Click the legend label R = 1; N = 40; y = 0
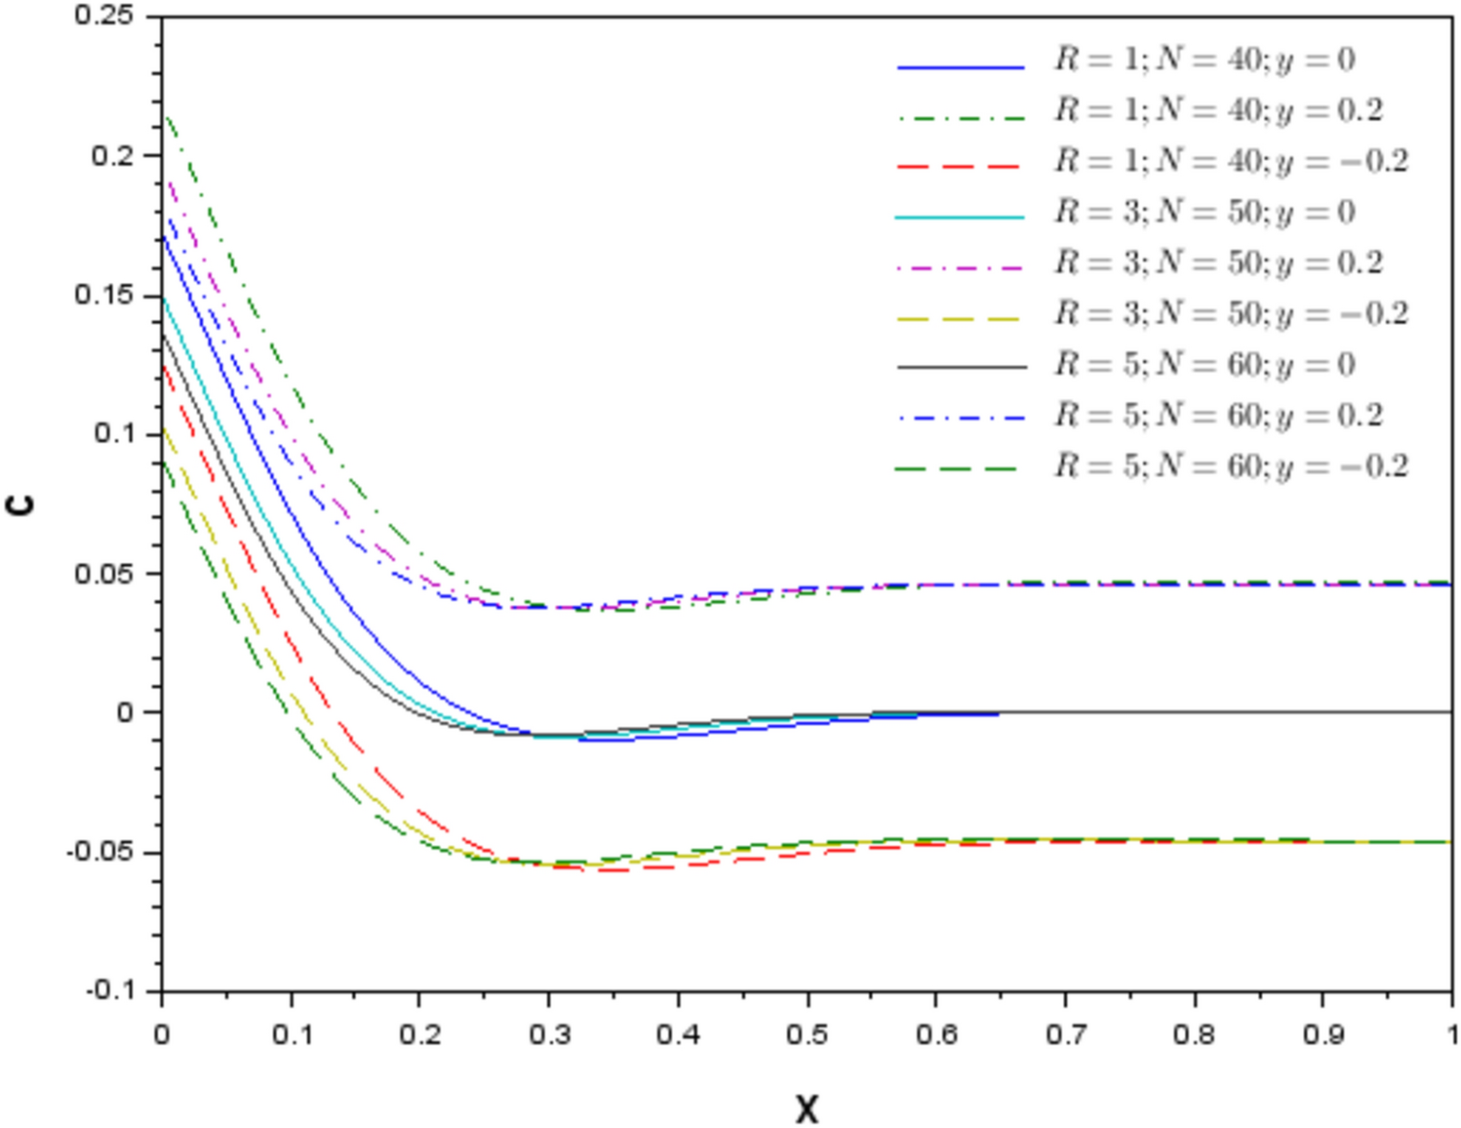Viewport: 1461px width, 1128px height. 1204,60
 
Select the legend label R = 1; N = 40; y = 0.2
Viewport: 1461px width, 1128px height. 1218,111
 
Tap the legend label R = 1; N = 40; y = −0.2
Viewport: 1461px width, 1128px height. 1231,162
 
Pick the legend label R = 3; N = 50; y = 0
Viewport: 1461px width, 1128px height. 1204,213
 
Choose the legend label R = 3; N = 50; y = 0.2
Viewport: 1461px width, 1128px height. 1218,263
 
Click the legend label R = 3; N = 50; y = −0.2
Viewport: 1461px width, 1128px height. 1231,314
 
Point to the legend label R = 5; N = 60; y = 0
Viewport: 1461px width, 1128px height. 1204,365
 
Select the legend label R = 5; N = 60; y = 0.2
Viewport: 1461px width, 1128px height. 1218,416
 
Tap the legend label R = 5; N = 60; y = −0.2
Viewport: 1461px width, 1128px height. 1231,466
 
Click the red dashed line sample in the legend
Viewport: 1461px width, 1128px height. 959,167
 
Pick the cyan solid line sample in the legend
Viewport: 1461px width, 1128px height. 959,217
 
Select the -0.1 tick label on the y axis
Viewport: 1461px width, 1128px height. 109,990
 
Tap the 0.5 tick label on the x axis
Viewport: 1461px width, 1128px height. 807,1033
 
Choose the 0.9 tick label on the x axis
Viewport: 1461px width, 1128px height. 1323,1033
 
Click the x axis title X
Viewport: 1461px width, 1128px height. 807,1109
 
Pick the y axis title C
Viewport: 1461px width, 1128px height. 21,504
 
